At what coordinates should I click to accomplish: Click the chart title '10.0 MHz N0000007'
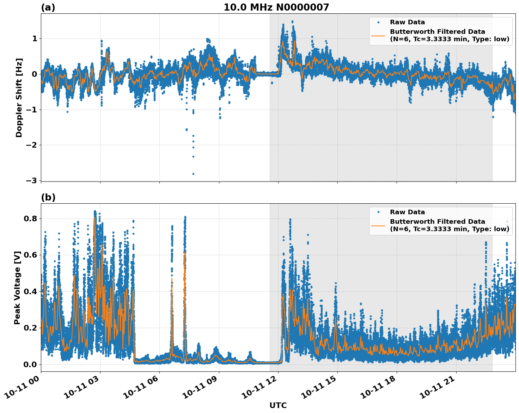click(276, 7)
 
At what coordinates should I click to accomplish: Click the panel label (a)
click(48, 7)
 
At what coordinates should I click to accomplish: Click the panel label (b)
click(48, 197)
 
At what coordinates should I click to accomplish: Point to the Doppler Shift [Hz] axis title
click(19, 98)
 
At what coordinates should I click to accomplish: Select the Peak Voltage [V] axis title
click(17, 288)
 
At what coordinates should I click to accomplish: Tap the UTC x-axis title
click(278, 405)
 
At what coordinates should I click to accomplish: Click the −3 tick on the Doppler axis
click(32, 180)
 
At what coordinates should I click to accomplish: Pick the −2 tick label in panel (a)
click(32, 145)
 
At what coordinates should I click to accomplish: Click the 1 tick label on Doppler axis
click(35, 38)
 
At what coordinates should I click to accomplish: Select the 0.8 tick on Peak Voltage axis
click(30, 218)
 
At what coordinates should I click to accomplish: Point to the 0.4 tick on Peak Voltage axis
click(30, 291)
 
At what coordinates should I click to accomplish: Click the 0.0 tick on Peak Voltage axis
click(30, 364)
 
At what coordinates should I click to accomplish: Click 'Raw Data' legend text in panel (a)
click(407, 22)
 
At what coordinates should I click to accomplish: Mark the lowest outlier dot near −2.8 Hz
click(193, 174)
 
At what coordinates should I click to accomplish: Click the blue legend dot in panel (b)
click(378, 212)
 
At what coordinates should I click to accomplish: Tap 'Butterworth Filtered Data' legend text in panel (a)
click(437, 32)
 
